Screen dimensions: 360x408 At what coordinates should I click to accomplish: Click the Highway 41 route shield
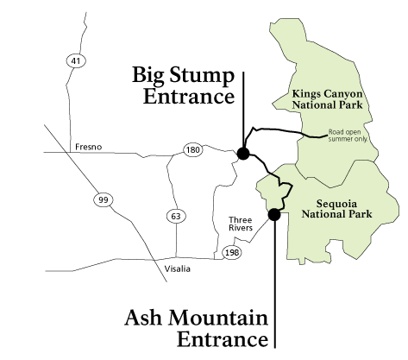coord(75,60)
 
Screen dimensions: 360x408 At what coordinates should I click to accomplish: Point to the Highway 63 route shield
coord(175,215)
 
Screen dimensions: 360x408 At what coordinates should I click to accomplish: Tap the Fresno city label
coord(88,147)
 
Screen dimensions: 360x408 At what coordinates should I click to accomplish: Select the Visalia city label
coord(178,269)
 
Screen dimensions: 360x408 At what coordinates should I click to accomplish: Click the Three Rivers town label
coord(240,224)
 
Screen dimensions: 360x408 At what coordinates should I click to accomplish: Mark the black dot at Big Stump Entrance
coord(243,154)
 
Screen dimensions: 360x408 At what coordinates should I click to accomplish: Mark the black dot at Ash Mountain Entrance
coord(274,215)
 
